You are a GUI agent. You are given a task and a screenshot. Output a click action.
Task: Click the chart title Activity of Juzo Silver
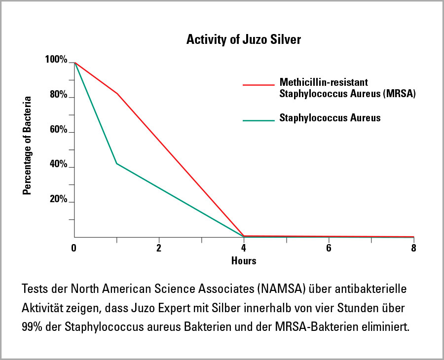(243, 40)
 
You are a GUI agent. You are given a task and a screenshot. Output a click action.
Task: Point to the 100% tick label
(56, 60)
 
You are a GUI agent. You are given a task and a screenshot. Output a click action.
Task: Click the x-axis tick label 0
(74, 248)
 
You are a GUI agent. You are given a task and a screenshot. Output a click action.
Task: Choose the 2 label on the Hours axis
(159, 248)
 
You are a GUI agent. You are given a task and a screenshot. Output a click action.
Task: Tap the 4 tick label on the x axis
(244, 248)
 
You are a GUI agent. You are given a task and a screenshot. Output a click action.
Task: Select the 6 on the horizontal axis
(329, 248)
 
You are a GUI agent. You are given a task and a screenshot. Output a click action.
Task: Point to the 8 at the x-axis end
(413, 248)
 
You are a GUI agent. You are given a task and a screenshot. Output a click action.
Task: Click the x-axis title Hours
(244, 260)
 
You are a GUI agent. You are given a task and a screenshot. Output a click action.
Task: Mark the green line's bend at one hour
(117, 163)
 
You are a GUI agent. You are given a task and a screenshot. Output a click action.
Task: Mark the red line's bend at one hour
(117, 93)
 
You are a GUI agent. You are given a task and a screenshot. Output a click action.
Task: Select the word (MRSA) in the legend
(399, 94)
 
